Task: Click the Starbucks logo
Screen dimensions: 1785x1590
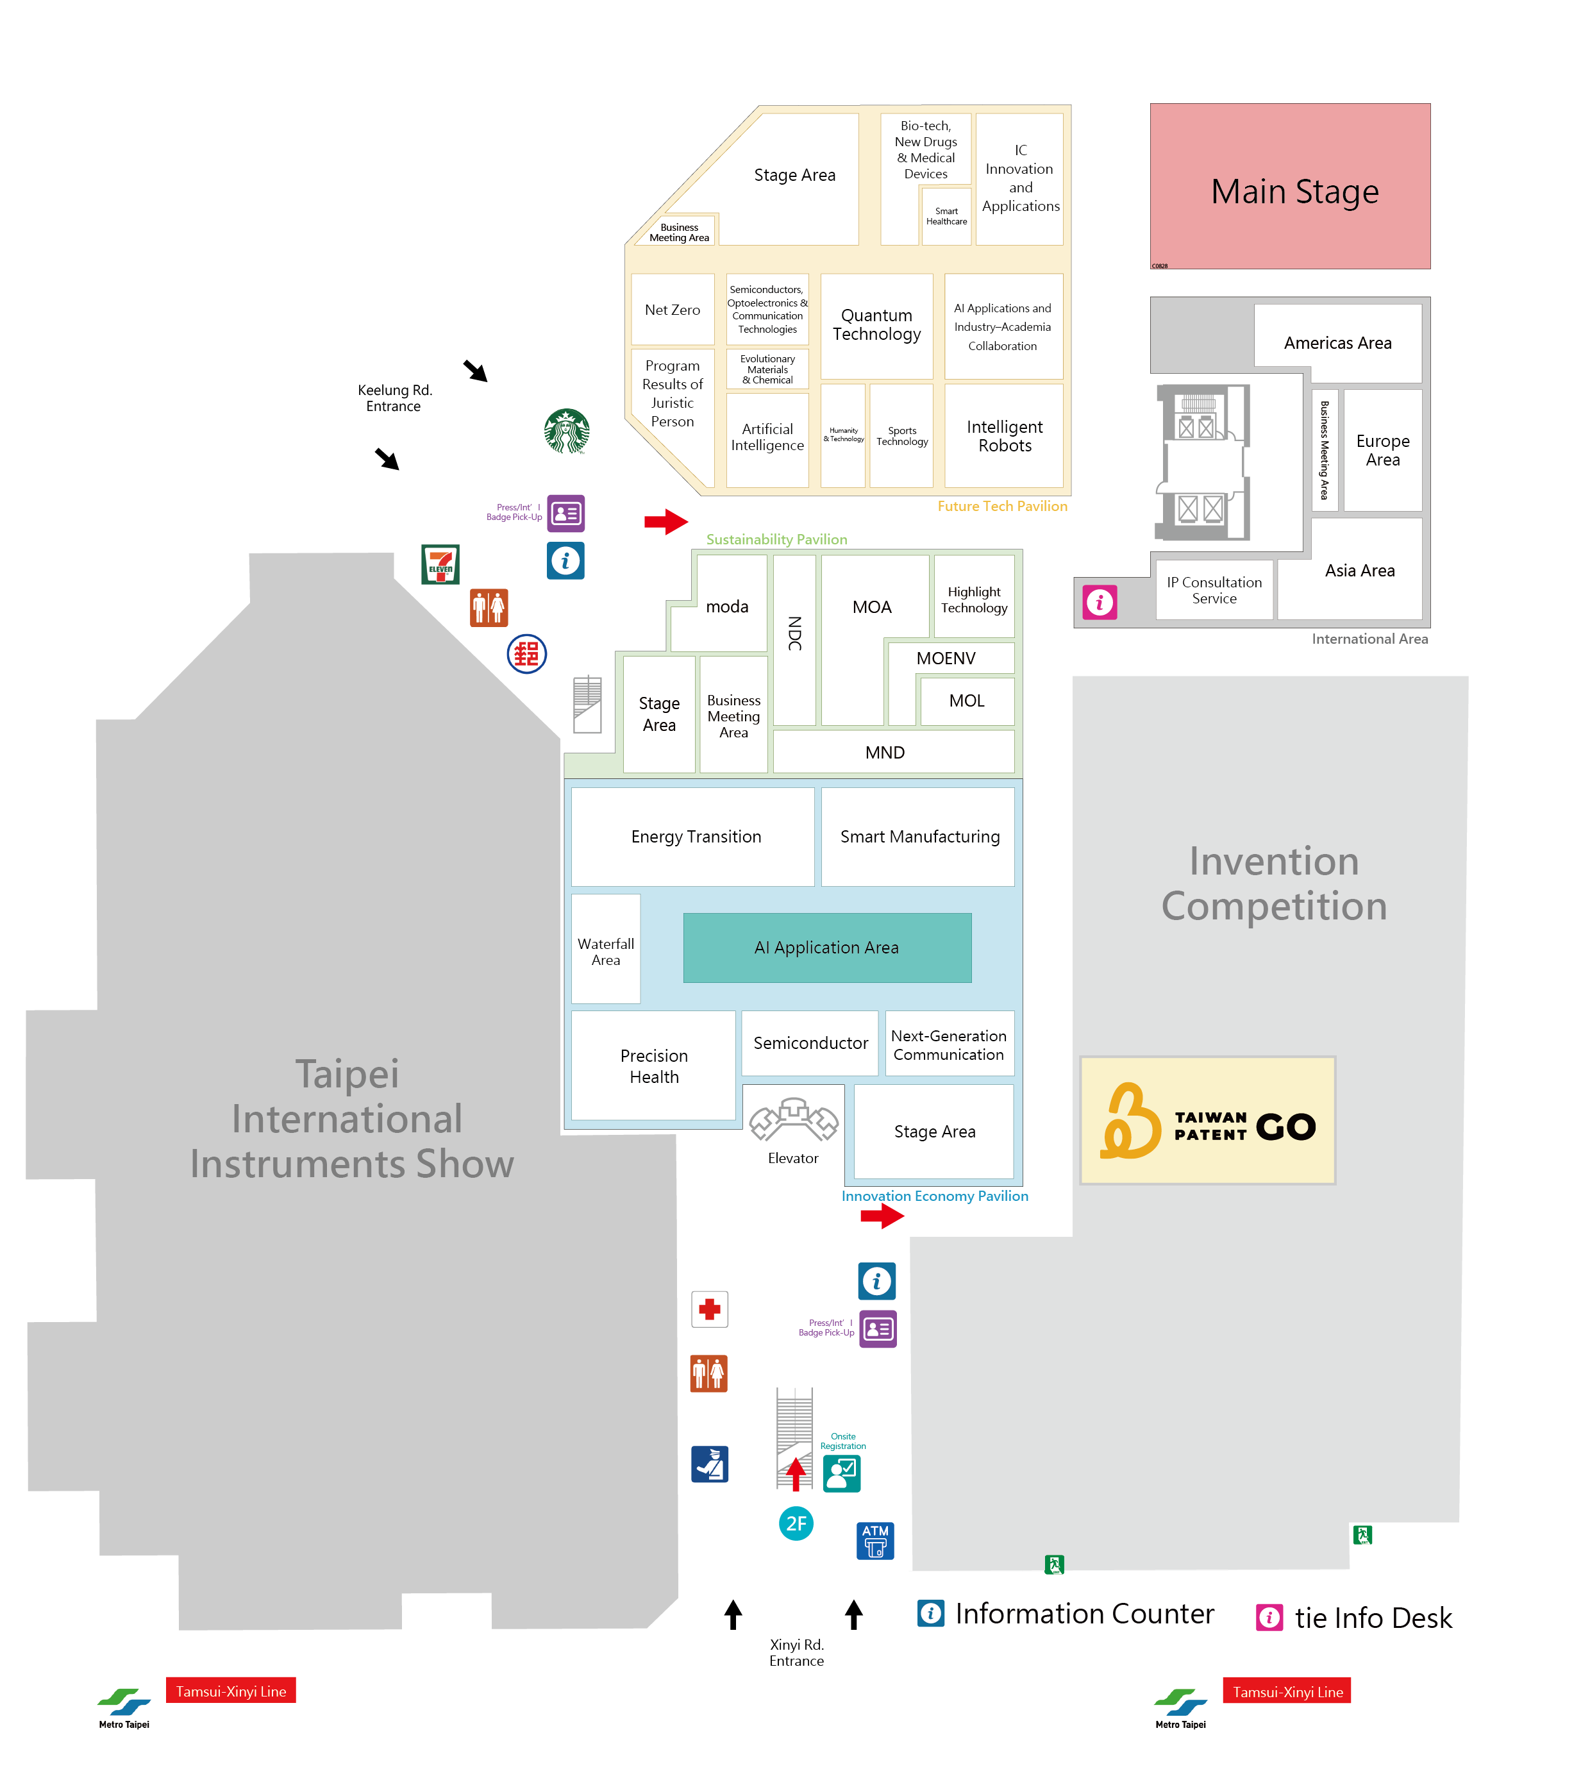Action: pyautogui.click(x=566, y=431)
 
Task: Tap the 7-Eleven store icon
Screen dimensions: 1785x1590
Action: pyautogui.click(x=440, y=564)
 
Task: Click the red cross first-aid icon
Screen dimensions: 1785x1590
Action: pyautogui.click(x=709, y=1309)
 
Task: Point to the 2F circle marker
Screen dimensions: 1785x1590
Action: pyautogui.click(x=796, y=1524)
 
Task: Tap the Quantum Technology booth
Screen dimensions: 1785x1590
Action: pyautogui.click(x=876, y=325)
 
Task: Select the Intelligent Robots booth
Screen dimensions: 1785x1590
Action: pyautogui.click(x=1004, y=436)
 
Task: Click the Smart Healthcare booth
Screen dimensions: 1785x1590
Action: pyautogui.click(x=946, y=216)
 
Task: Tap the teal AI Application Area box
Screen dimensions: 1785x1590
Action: pyautogui.click(x=826, y=947)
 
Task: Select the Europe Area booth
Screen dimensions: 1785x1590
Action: pyautogui.click(x=1382, y=450)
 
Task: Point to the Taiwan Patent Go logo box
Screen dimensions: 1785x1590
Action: pyautogui.click(x=1207, y=1120)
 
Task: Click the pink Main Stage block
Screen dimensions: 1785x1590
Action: pyautogui.click(x=1289, y=186)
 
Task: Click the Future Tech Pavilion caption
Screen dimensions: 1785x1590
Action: pyautogui.click(x=1002, y=506)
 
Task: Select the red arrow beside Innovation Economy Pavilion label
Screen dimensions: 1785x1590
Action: pyautogui.click(x=882, y=1216)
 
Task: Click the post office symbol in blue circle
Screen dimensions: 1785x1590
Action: pyautogui.click(x=527, y=653)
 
